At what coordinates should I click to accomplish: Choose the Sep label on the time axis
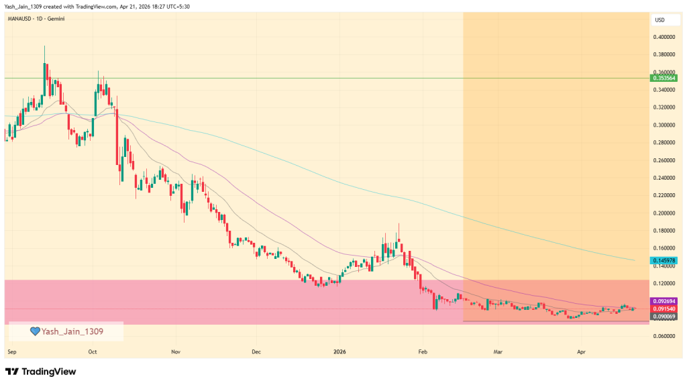coord(11,351)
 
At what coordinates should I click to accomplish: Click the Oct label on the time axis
coord(93,351)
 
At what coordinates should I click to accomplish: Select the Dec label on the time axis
coord(256,351)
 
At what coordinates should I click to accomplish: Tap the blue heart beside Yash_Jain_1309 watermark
coord(36,331)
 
